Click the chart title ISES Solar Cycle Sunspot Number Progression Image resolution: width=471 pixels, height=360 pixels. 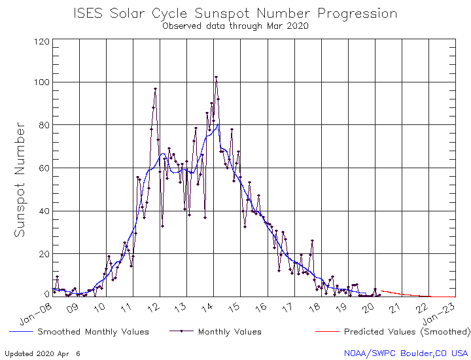235,13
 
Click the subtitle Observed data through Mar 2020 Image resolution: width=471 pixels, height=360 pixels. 235,26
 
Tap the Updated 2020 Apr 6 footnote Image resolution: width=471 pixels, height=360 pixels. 43,353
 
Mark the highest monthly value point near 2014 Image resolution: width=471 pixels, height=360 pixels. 216,77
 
